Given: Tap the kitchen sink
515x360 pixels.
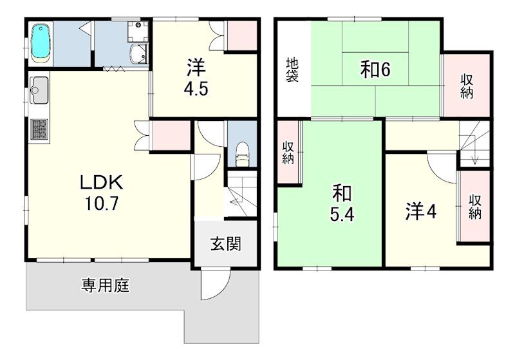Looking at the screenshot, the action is [39, 90].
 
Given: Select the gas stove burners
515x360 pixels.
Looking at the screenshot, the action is [39, 129].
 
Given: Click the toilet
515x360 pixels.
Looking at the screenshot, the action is [243, 154].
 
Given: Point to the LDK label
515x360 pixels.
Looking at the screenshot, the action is [102, 183].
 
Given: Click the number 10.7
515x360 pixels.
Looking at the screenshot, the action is [102, 204].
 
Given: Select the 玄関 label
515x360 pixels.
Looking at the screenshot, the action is [226, 243].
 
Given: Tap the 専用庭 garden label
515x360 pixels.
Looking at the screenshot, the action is [106, 285].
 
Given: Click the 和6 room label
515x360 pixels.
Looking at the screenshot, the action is [375, 70].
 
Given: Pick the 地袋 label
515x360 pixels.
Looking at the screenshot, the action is [292, 70].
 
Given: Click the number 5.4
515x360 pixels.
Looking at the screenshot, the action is [342, 215].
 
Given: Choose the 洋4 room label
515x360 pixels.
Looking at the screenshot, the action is [421, 211].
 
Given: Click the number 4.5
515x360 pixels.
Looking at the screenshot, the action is [196, 89].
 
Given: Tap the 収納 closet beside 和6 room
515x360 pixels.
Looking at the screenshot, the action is [466, 86].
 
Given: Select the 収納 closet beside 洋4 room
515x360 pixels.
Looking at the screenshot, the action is [474, 207].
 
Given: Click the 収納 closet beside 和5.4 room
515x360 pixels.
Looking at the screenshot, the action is [288, 153].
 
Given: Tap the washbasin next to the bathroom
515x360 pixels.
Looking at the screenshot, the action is [138, 55].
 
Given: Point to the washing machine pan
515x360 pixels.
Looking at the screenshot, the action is [138, 30].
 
